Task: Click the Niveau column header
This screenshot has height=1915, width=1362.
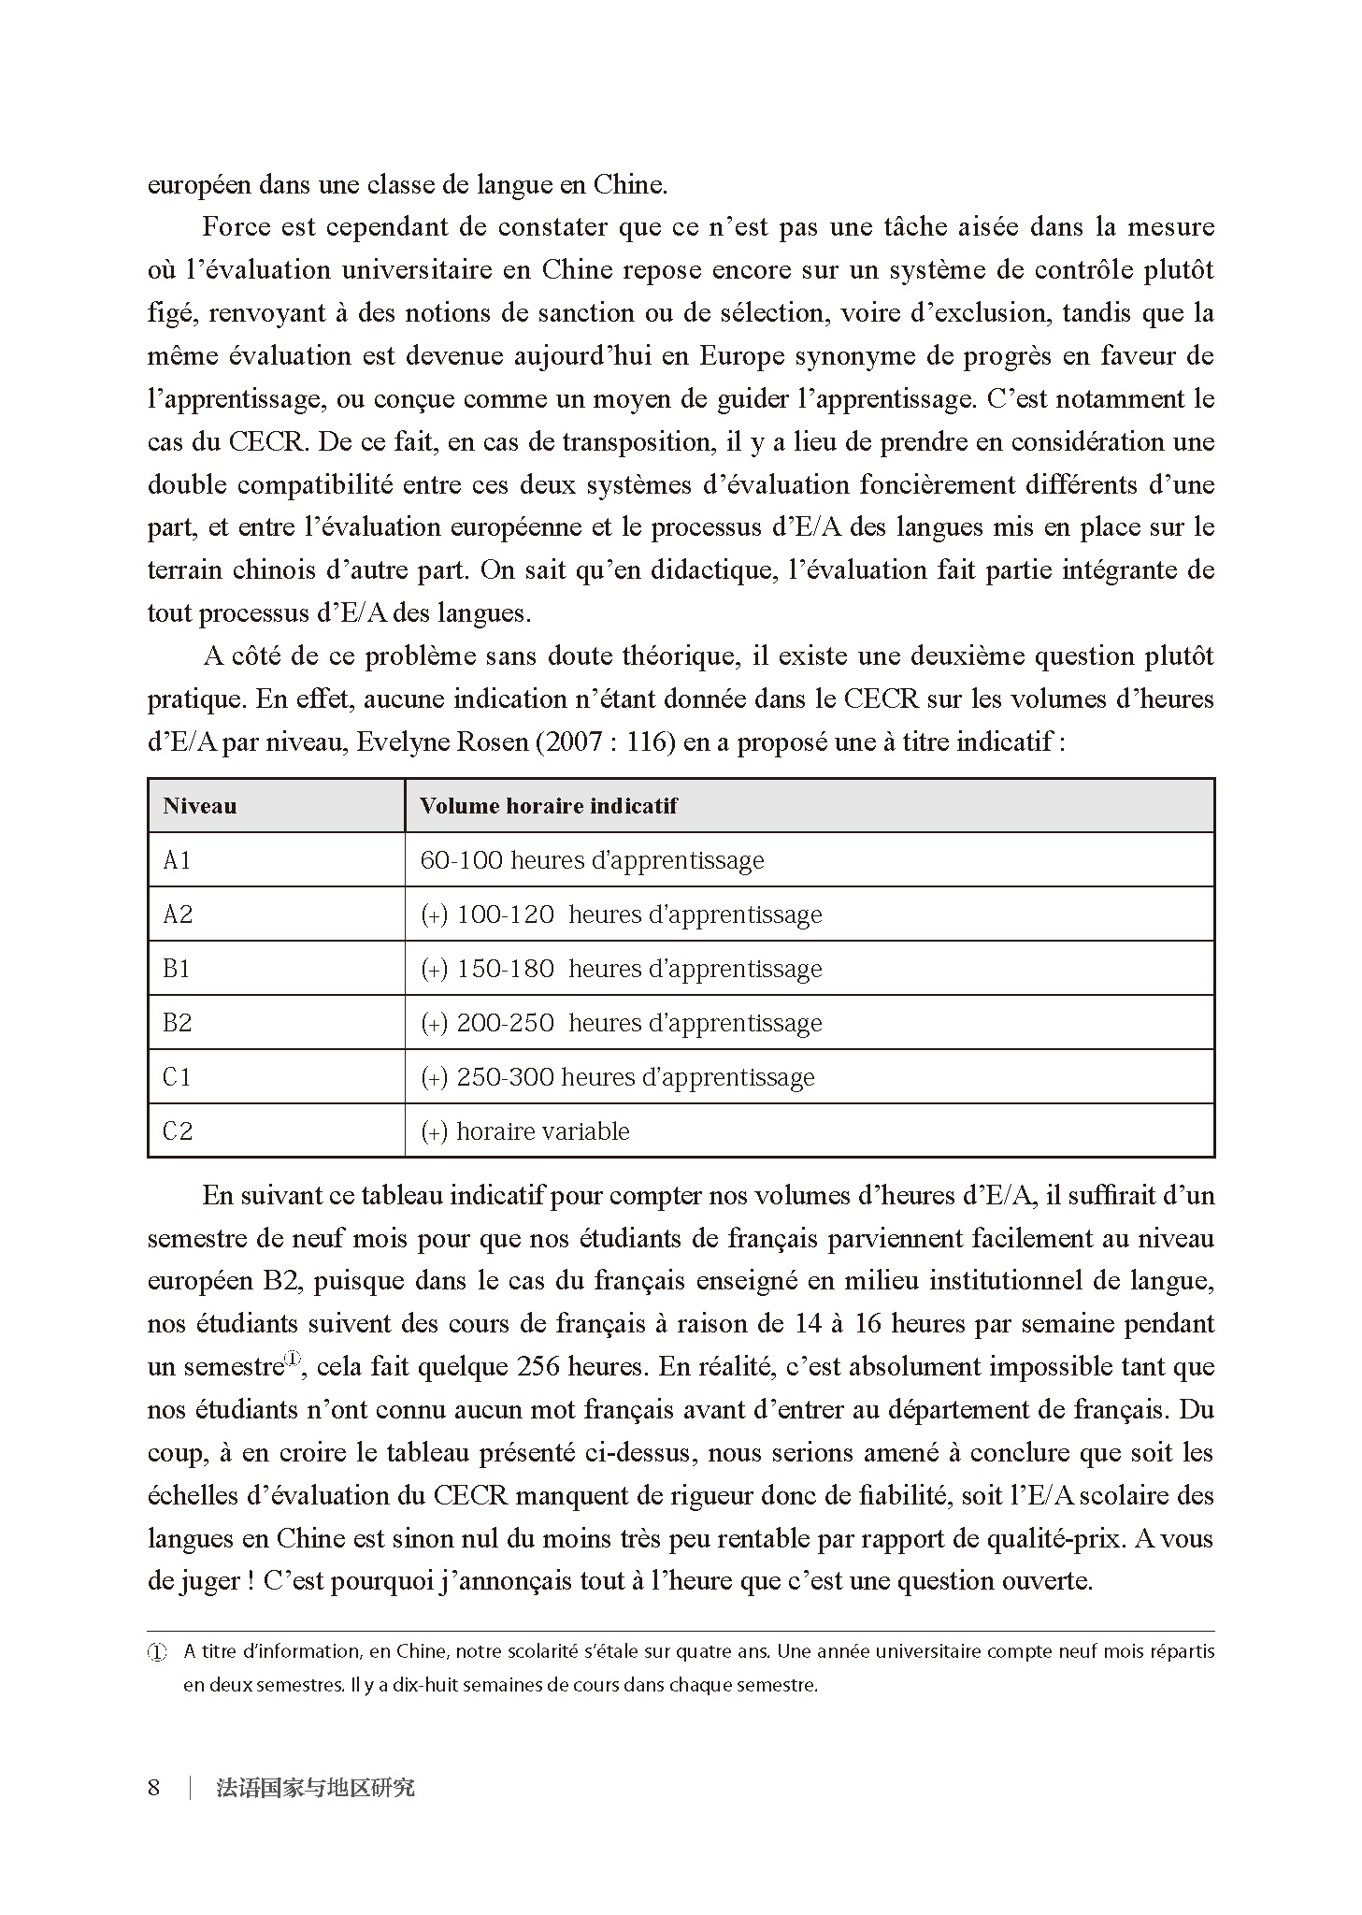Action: [199, 806]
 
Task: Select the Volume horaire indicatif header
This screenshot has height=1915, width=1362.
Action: [548, 806]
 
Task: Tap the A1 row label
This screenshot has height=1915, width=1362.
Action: [177, 860]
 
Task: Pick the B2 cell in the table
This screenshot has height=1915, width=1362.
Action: [177, 1023]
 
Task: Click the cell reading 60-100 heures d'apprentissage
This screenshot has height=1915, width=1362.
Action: [592, 860]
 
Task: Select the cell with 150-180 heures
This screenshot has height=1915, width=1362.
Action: [621, 969]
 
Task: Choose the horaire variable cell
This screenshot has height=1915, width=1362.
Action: [525, 1131]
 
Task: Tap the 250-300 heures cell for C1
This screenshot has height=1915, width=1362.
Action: [617, 1077]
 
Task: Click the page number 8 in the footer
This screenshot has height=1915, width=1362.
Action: [154, 1788]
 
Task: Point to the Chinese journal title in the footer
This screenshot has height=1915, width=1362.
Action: [315, 1788]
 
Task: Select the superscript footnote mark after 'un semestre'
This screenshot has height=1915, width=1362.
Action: [294, 1359]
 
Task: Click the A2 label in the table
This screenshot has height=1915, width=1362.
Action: [177, 914]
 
